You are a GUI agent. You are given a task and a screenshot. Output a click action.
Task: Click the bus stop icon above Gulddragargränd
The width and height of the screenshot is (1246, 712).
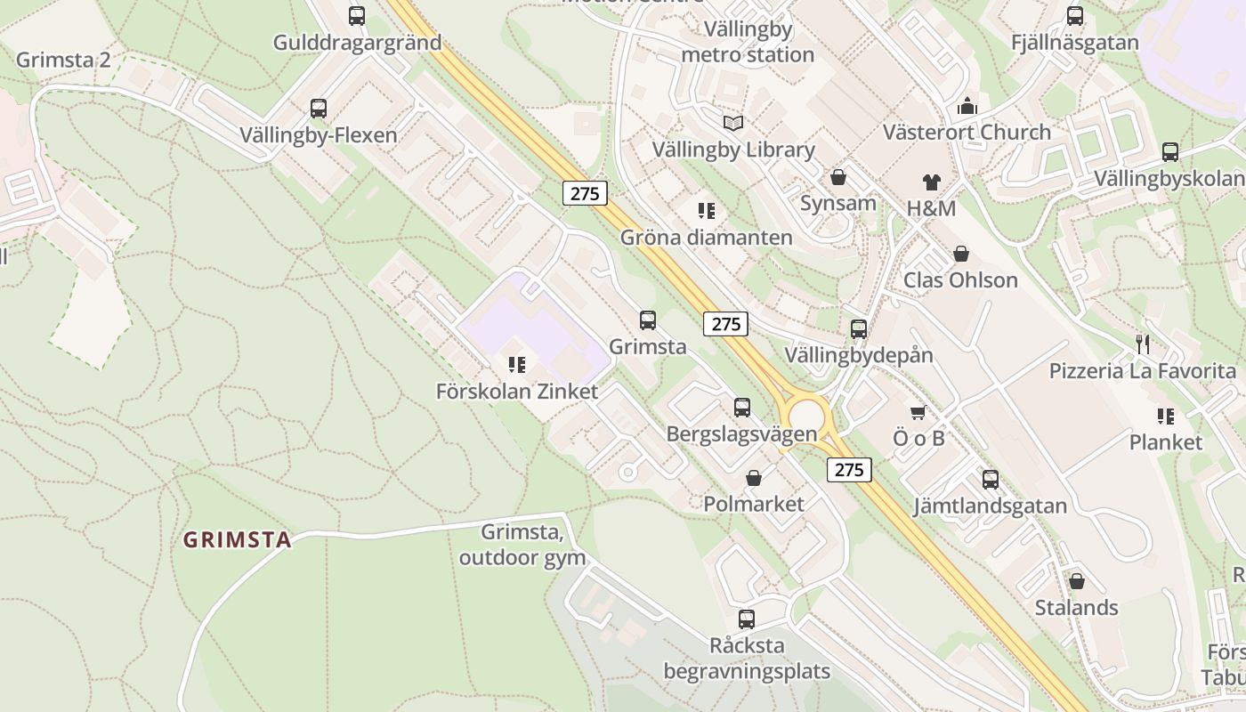point(357,16)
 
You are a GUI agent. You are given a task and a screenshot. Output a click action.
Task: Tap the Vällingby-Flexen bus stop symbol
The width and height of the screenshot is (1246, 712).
point(319,109)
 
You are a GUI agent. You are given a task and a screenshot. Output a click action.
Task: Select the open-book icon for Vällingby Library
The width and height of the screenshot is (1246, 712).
point(732,123)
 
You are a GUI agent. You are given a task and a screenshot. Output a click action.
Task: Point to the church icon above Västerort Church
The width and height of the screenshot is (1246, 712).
point(967,106)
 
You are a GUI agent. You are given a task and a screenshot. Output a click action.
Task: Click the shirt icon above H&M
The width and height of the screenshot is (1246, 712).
point(931,182)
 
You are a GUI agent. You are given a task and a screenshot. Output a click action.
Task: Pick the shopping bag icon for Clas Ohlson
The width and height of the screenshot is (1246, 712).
point(961,255)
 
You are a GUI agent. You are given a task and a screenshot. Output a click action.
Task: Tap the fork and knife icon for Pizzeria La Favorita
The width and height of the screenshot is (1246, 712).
point(1143,344)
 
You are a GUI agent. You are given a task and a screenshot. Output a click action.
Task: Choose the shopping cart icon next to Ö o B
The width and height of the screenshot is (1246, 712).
point(918,412)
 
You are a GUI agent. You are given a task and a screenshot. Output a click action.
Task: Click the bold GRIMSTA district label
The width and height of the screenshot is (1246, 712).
point(238,540)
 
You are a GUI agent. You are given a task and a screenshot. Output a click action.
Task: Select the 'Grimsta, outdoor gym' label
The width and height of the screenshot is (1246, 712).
point(522,545)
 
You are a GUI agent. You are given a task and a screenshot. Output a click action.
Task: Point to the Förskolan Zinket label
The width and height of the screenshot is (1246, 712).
point(517,392)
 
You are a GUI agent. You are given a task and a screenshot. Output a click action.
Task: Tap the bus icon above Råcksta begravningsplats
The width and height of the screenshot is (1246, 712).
point(747,619)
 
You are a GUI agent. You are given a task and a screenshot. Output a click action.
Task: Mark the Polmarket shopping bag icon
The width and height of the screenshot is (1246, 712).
point(754,479)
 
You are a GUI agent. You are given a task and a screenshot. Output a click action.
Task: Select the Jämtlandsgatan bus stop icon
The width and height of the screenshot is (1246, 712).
point(991,480)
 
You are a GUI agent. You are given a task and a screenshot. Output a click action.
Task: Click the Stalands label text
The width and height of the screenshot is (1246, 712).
point(1076,608)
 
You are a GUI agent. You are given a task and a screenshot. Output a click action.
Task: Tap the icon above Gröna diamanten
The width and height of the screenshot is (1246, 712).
point(707,211)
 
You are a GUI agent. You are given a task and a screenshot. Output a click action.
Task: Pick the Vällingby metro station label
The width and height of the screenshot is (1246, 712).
point(748,42)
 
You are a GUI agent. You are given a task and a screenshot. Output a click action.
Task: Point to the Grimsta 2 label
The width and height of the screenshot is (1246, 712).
point(63,60)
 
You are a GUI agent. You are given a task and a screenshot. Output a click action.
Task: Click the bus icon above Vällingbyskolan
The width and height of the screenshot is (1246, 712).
point(1170,152)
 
